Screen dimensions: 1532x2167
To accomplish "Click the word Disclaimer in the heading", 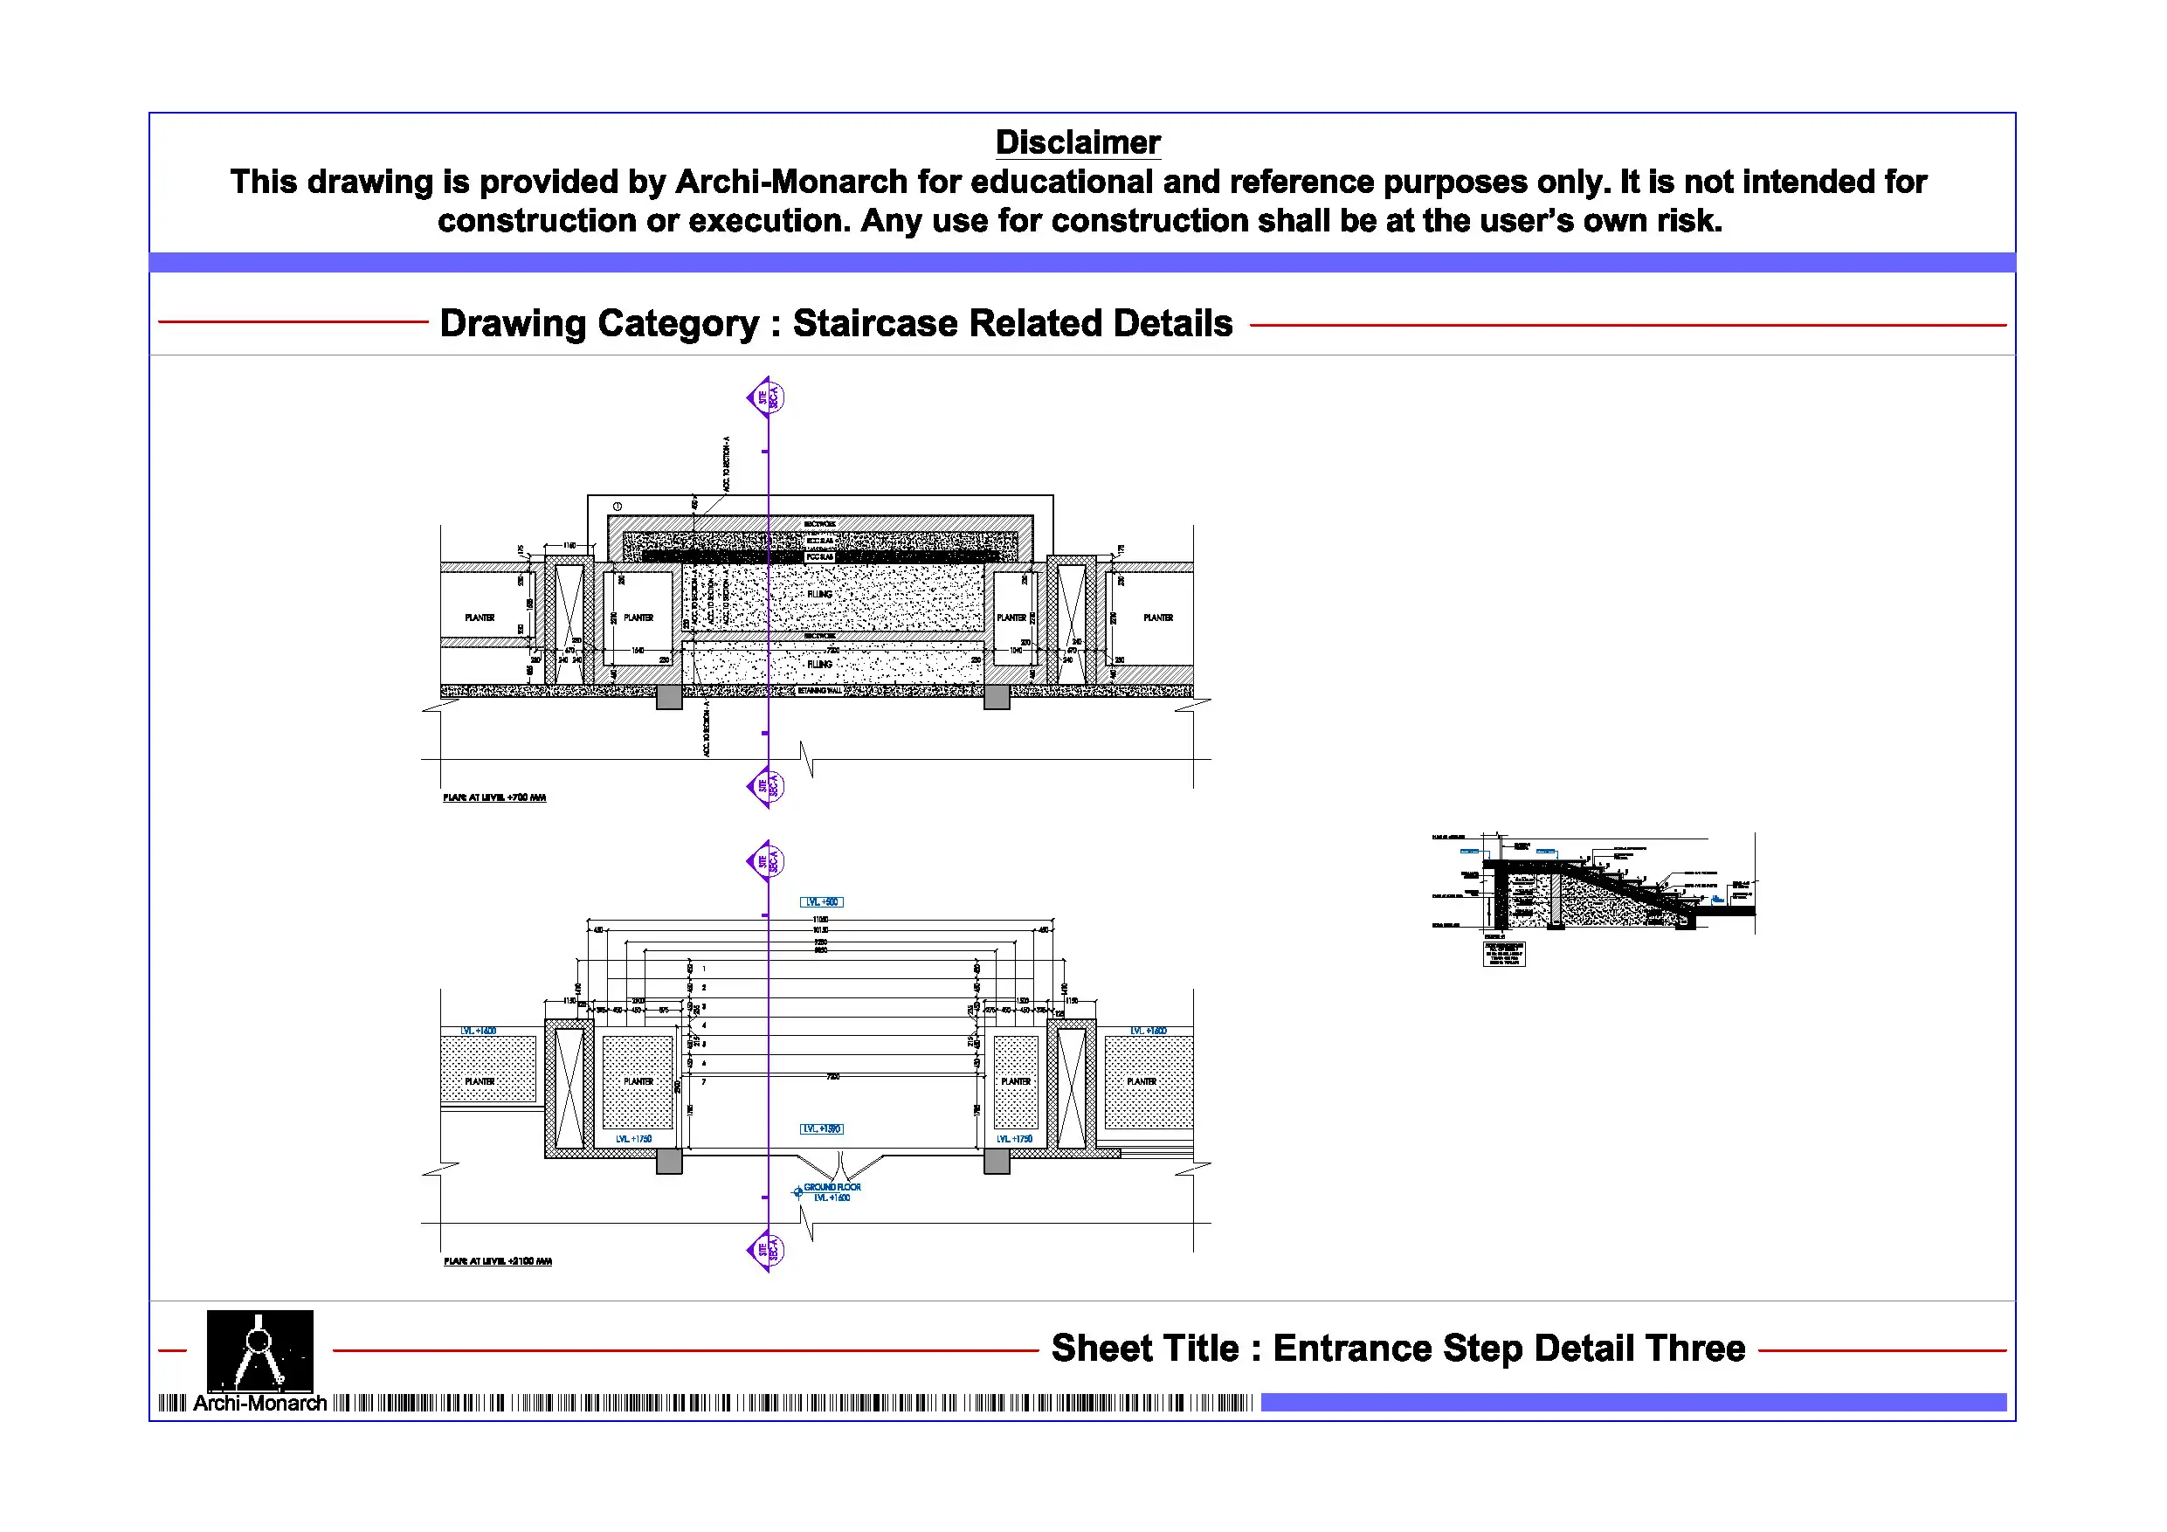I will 1078,142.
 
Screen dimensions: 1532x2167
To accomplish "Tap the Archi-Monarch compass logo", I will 259,1349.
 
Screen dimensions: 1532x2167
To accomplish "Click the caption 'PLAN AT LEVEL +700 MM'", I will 494,797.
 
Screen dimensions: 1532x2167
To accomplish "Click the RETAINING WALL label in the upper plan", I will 819,691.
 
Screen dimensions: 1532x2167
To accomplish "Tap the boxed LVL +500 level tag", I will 821,902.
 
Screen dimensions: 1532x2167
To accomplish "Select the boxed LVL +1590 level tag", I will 821,1129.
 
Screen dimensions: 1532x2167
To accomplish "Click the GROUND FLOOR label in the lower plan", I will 832,1188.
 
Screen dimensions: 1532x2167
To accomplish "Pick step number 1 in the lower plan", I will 704,969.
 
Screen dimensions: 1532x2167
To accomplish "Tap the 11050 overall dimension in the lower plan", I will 819,920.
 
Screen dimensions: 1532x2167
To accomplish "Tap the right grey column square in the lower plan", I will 997,1162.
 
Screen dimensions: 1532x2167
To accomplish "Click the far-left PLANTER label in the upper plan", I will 480,618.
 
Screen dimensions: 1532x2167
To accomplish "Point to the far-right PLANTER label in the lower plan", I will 1141,1081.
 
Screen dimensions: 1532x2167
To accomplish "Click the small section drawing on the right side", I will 1593,897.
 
